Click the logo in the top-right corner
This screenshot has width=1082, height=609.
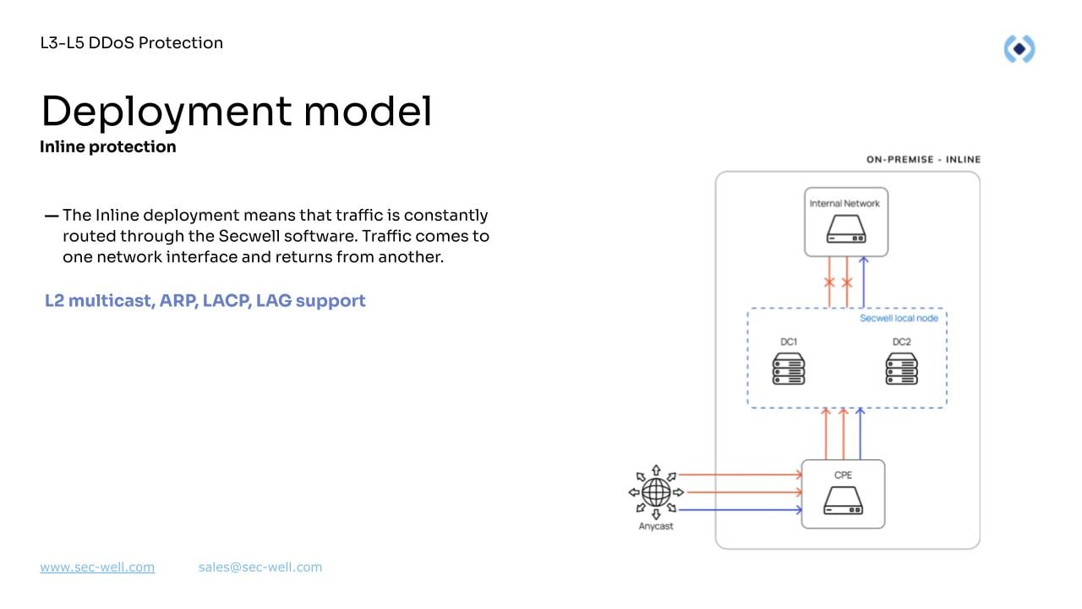pyautogui.click(x=1019, y=49)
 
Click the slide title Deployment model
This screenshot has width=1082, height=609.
pyautogui.click(x=236, y=111)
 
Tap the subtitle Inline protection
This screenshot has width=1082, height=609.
pyautogui.click(x=108, y=147)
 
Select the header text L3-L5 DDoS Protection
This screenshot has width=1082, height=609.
pyautogui.click(x=132, y=43)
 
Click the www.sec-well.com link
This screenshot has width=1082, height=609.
pyautogui.click(x=97, y=568)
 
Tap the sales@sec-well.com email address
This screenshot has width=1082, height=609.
pyautogui.click(x=260, y=568)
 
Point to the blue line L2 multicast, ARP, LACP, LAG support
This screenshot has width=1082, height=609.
pyautogui.click(x=205, y=300)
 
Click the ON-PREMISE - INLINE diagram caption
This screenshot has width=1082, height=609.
pyautogui.click(x=923, y=159)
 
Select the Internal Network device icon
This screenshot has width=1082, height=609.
pyautogui.click(x=844, y=231)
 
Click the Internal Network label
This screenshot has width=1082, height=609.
pyautogui.click(x=844, y=204)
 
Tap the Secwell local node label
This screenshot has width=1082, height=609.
pyautogui.click(x=899, y=319)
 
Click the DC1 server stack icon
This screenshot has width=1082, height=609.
pyautogui.click(x=789, y=369)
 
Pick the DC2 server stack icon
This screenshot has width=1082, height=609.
pyautogui.click(x=901, y=369)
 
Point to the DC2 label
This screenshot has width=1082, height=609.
pyautogui.click(x=901, y=343)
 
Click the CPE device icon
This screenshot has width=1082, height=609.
pyautogui.click(x=843, y=503)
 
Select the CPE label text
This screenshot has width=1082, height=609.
pyautogui.click(x=843, y=475)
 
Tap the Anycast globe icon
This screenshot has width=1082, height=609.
pyautogui.click(x=656, y=491)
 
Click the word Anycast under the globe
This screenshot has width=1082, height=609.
pyautogui.click(x=656, y=527)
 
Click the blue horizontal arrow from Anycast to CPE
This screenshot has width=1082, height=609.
pyautogui.click(x=740, y=509)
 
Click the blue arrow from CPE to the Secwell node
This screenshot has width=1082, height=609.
pyautogui.click(x=861, y=434)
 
